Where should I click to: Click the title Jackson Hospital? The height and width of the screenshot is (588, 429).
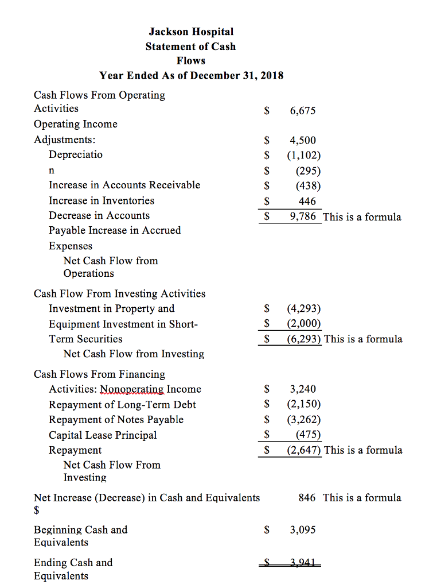(191, 32)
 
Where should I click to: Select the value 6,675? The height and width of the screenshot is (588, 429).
(303, 111)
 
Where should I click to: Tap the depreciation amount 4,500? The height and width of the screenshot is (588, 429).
(303, 140)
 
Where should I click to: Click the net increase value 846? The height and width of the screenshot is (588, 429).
(307, 498)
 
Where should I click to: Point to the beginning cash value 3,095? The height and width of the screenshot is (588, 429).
(303, 530)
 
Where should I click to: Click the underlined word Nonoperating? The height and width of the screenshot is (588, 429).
(132, 389)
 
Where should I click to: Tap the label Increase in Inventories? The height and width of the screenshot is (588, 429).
(102, 200)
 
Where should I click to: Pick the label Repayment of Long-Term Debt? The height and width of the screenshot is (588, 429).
(122, 405)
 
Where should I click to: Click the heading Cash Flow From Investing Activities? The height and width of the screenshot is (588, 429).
(119, 293)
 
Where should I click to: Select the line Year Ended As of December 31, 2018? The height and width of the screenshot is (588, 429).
(191, 75)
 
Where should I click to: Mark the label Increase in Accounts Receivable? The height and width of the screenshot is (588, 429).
(124, 185)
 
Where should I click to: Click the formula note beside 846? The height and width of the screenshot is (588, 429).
(362, 498)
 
